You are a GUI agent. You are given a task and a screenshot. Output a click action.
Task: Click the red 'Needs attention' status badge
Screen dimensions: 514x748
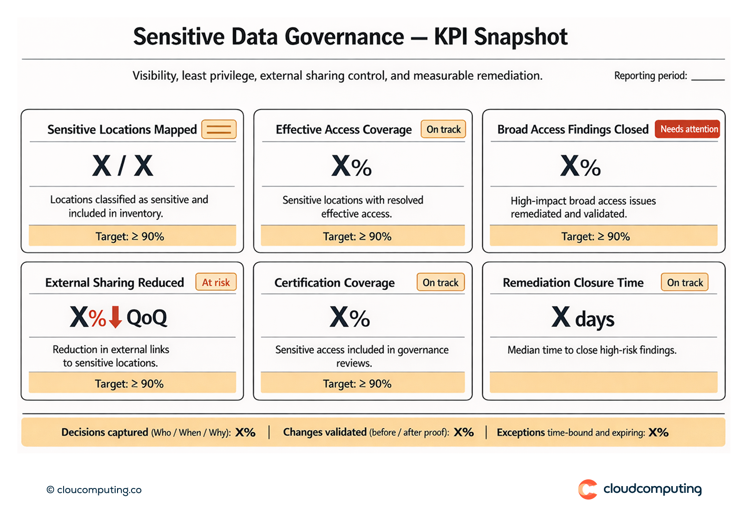click(687, 129)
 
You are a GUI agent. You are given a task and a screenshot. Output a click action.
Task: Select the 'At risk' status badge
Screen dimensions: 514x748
click(216, 283)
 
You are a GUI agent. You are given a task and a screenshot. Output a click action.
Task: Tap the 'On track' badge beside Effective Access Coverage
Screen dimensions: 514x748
click(443, 129)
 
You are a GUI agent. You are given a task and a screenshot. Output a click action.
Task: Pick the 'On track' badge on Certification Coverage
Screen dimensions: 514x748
click(440, 283)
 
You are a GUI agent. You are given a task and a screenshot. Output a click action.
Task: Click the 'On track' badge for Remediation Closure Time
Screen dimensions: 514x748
click(684, 283)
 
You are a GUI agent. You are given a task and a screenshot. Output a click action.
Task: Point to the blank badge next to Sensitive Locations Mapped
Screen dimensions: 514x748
click(219, 129)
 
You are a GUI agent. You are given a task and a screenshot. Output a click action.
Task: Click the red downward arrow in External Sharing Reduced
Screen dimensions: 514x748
click(115, 317)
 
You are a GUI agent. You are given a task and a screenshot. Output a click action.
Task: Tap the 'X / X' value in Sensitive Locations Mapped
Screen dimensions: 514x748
click(122, 166)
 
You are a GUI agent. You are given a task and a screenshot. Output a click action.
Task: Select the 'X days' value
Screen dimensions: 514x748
click(583, 318)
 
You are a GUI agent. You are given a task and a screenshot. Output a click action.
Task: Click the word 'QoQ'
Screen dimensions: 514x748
click(146, 318)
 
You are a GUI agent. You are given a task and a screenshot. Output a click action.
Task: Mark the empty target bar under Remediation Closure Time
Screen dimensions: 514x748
click(603, 383)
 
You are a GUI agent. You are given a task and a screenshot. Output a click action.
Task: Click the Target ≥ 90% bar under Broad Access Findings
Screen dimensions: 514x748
click(603, 236)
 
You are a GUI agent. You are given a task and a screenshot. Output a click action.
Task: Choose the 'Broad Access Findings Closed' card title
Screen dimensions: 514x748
click(573, 129)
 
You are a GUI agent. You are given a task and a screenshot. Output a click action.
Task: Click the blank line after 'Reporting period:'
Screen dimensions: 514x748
click(708, 77)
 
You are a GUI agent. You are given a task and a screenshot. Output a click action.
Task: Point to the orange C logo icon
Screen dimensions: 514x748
click(588, 489)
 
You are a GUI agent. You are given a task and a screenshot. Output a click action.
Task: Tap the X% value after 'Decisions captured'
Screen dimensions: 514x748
click(245, 432)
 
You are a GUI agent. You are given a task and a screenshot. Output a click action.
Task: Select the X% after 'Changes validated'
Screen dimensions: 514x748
click(463, 432)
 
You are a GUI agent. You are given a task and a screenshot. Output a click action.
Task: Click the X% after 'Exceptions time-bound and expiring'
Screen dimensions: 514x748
click(658, 432)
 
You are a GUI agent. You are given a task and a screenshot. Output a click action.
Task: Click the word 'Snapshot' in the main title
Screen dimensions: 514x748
click(520, 37)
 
